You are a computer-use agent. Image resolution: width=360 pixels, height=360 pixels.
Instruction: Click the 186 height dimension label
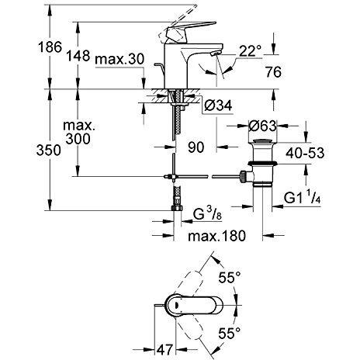coord(50,47)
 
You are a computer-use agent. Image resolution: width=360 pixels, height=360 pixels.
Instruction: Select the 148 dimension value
coord(78,55)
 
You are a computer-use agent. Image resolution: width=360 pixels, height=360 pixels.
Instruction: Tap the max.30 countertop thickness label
coord(119,59)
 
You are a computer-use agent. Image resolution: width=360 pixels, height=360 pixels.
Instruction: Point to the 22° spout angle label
coord(250,51)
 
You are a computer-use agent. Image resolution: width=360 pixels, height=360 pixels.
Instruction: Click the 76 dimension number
coord(273,71)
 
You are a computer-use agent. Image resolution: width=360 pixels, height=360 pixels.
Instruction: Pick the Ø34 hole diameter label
coord(218,106)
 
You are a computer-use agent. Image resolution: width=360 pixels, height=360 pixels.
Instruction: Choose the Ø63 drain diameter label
coord(263,126)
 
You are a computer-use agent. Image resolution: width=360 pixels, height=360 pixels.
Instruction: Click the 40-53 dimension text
coord(305,153)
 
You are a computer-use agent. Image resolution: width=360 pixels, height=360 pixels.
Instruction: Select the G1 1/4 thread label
coord(303,198)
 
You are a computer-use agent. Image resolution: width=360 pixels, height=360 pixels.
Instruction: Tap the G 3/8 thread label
coord(207,214)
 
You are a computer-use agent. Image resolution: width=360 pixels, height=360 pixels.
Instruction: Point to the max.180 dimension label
coord(216,236)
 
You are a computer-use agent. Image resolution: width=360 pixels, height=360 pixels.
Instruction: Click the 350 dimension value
coord(49,151)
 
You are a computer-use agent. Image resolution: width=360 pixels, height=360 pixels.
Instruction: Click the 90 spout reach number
coord(196,147)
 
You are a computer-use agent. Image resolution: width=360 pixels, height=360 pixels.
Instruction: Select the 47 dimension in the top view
coord(164,350)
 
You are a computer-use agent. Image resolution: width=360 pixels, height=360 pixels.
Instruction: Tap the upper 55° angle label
coord(230,278)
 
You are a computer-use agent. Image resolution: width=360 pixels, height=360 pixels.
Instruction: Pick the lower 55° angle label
coord(230,333)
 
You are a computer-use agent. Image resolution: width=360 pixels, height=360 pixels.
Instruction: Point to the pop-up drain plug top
coord(263,141)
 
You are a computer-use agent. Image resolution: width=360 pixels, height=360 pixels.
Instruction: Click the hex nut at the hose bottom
coord(177,208)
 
